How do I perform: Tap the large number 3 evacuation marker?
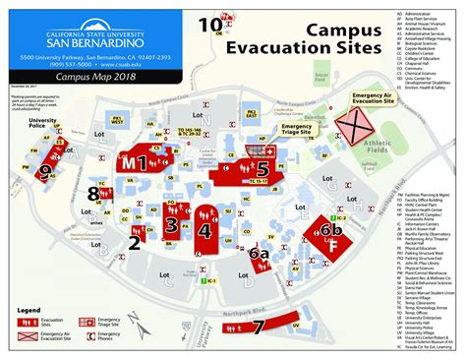click(170, 226)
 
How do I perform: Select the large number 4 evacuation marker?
click(204, 232)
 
